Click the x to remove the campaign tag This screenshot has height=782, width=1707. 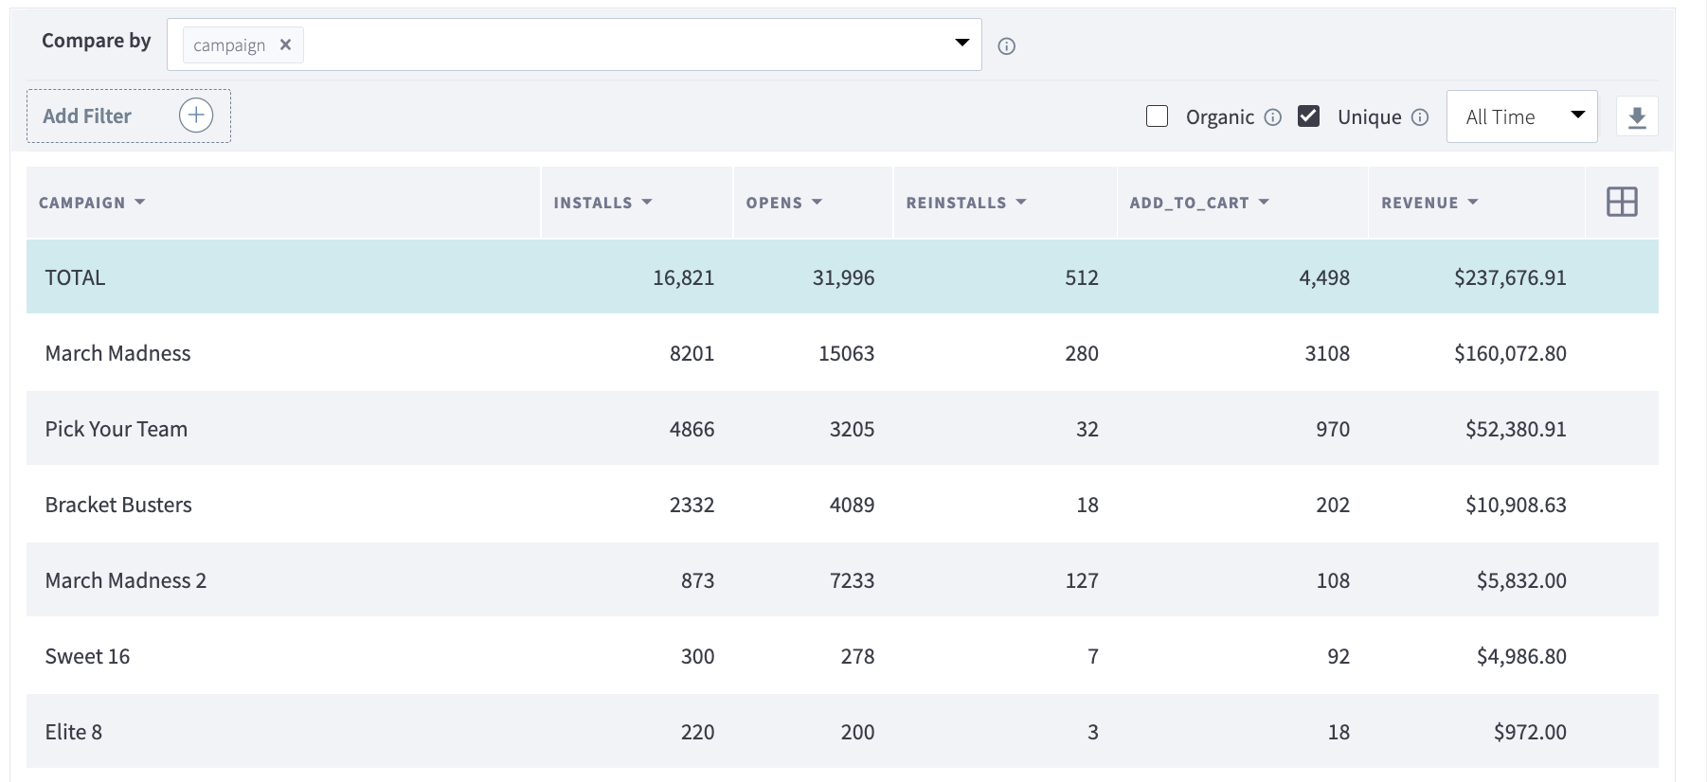coord(285,44)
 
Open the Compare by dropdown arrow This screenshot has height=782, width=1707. coord(961,43)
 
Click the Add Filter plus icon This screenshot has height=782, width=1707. coord(196,116)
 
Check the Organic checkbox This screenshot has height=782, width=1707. coord(1157,116)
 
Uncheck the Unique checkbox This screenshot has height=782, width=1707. coord(1308,116)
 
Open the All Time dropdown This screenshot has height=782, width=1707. coord(1521,116)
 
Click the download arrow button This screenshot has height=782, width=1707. coord(1636,117)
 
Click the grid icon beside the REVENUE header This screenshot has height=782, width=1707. coord(1622,202)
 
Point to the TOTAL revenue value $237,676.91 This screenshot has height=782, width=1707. coord(1510,277)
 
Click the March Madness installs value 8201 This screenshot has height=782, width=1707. coord(692,353)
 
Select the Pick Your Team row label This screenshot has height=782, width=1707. coord(117,429)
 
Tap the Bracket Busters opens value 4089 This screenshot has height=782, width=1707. coord(852,505)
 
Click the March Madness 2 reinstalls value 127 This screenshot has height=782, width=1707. coord(1082,580)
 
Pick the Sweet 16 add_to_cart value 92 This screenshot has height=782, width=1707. coord(1338,656)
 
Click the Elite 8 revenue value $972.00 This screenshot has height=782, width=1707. coord(1530,732)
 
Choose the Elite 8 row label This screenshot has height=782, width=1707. coord(74,732)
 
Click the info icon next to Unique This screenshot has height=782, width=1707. coord(1420,117)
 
